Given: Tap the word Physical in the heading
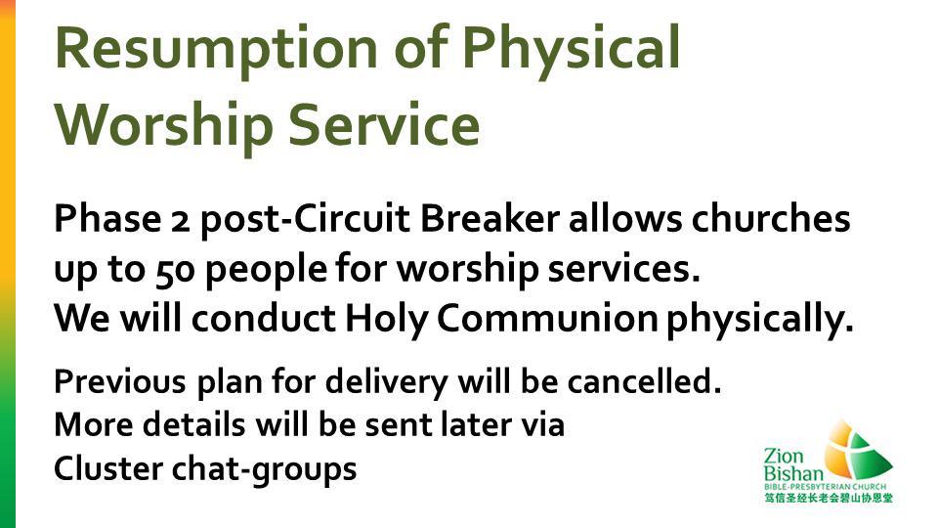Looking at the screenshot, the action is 572,49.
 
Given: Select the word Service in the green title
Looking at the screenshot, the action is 384,124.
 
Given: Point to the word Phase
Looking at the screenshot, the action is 107,218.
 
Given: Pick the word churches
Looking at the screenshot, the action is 771,218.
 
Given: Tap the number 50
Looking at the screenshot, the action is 175,270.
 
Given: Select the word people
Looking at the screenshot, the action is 266,270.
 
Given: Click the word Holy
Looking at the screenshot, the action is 386,319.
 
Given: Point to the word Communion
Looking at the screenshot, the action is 547,319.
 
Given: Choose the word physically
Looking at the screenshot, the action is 760,319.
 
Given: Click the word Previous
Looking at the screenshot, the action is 119,380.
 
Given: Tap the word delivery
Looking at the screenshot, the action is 387,382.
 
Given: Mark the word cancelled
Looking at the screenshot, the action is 644,380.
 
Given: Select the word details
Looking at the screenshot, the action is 193,424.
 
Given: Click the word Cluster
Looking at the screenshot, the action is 108,468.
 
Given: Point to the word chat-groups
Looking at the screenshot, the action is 265,469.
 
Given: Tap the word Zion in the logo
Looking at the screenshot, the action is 785,457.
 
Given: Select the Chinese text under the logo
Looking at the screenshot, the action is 828,498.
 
